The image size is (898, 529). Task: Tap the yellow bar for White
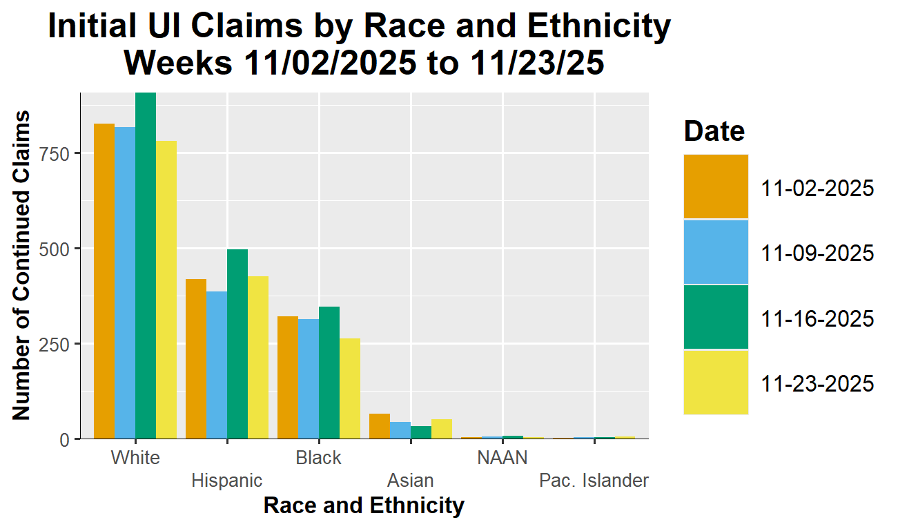(166, 290)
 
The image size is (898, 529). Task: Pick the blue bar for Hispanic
(217, 365)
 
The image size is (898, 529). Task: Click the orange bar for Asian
(380, 426)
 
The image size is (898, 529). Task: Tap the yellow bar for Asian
(442, 429)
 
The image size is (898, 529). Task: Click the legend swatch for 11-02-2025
(716, 187)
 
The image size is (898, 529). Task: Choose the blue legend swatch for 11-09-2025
(716, 252)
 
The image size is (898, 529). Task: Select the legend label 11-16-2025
(818, 318)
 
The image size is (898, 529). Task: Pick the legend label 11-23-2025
(818, 383)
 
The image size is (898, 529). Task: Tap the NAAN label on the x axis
(502, 458)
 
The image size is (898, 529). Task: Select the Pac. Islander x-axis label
(594, 481)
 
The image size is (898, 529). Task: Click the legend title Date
(714, 131)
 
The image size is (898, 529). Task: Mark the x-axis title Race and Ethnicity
(364, 506)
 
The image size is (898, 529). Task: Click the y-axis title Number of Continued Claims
(22, 265)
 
